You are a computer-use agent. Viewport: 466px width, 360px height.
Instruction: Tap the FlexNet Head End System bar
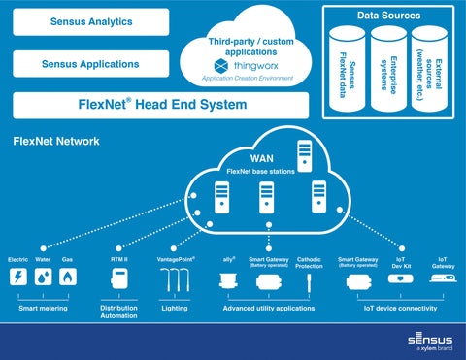[x=160, y=105]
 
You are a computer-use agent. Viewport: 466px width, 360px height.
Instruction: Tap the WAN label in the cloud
[x=261, y=157]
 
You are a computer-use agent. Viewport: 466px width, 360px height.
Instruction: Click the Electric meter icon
[x=17, y=278]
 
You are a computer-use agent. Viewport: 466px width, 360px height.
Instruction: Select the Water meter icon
[x=43, y=278]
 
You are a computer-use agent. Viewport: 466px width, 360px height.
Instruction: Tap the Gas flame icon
[x=67, y=278]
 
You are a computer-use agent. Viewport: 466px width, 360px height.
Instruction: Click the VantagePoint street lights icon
[x=176, y=280]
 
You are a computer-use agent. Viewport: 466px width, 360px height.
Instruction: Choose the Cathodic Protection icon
[x=309, y=282]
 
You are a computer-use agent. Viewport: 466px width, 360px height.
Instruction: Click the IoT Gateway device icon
[x=443, y=279]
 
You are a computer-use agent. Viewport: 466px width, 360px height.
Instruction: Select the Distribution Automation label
[x=120, y=311]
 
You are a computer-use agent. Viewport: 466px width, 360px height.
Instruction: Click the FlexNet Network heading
[x=55, y=142]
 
